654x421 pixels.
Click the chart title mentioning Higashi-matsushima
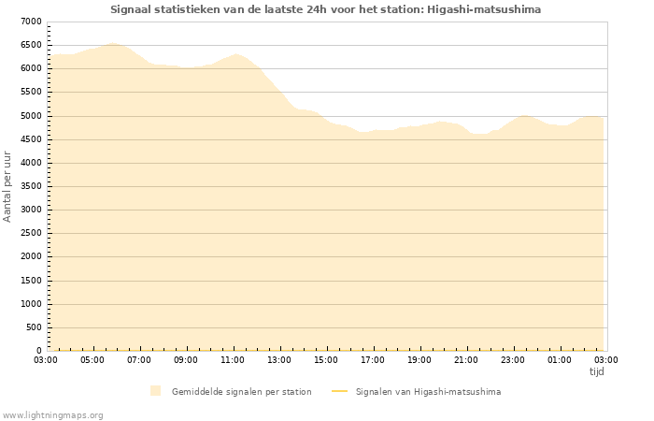325,9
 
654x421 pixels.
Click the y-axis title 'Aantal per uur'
7,185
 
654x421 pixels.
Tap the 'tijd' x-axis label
596,371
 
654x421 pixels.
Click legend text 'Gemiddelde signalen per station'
241,391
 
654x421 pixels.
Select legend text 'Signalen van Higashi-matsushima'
428,391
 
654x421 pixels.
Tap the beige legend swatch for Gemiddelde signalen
155,391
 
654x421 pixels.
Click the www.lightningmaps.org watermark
52,414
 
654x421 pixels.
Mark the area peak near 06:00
113,43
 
